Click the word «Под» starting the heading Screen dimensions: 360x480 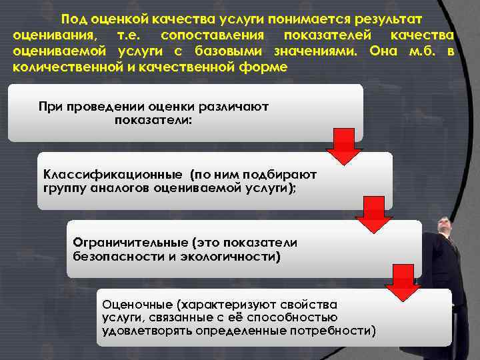coord(71,19)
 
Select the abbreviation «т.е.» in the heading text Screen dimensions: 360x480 coord(129,35)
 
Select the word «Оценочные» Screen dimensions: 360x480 coord(133,304)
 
